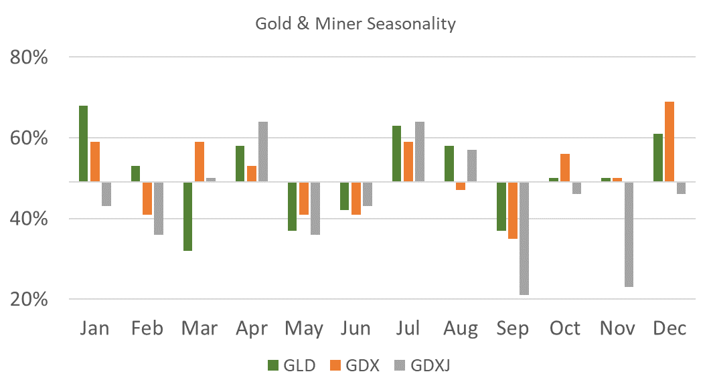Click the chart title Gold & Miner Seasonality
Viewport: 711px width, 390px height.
(x=355, y=24)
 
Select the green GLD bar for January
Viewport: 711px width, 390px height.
(x=83, y=143)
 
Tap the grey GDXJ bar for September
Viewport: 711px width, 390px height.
(x=524, y=237)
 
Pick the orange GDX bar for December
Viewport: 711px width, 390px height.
(x=669, y=141)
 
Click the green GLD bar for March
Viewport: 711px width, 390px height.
(x=187, y=215)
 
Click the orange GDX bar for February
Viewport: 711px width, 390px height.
(x=146, y=197)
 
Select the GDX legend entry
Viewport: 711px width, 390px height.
(x=355, y=365)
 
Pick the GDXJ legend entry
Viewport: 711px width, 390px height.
(x=426, y=365)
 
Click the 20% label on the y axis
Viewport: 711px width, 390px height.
(x=29, y=300)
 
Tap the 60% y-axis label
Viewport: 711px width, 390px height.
(x=29, y=138)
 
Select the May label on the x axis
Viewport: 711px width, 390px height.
(x=303, y=329)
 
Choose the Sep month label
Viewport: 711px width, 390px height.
(x=512, y=329)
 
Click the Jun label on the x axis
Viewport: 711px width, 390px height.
(x=355, y=329)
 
